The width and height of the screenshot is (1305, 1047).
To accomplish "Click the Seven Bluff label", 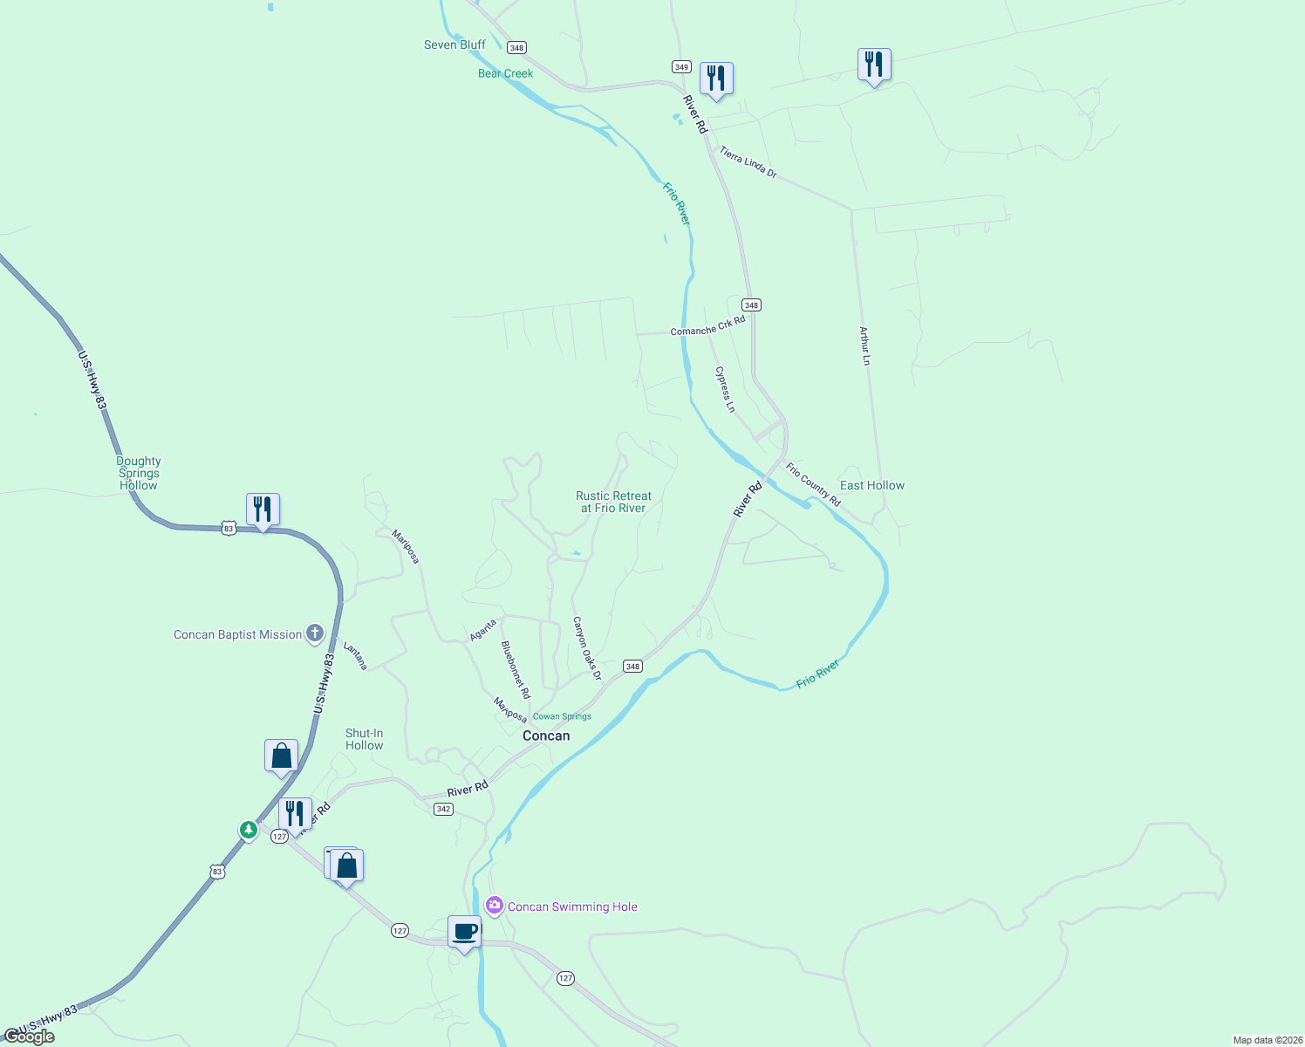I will pos(454,44).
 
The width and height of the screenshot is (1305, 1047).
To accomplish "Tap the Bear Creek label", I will pos(505,73).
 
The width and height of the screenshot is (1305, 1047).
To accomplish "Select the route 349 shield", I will pos(681,67).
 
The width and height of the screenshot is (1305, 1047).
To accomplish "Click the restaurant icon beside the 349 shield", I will pos(716,79).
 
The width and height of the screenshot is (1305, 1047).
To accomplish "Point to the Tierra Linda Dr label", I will pos(748,162).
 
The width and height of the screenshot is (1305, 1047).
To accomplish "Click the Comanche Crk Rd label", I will pos(707,326).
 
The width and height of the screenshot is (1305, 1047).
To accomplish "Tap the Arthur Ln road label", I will pos(864,346).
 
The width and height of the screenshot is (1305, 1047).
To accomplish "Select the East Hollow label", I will pos(871,485).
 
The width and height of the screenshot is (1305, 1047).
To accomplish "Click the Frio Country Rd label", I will pos(812,484).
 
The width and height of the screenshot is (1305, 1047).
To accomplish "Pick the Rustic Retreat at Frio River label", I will pos(613,502).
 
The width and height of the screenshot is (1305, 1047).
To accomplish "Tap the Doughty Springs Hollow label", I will pos(139,473).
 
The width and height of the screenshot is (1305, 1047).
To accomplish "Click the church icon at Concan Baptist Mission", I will pos(315,633).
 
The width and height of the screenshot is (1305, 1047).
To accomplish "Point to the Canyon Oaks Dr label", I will pos(587,648).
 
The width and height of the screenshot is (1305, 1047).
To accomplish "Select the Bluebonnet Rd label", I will pos(515,669).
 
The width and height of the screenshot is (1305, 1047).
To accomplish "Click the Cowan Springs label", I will pos(562,716).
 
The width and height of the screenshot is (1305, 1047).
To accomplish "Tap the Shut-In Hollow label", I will pos(364,739).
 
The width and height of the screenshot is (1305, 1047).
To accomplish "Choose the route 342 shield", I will pos(443,809).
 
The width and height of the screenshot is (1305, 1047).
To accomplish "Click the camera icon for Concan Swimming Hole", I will pos(495,906).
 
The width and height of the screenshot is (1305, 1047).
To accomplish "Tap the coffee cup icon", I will pos(465,931).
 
